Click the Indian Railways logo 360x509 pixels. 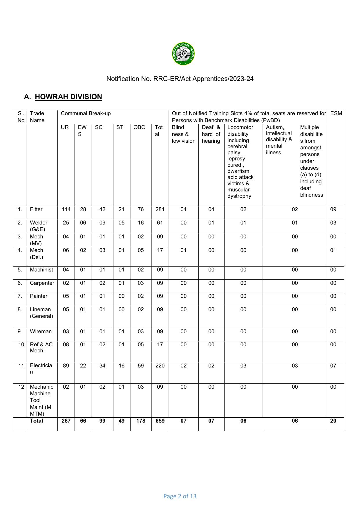point(183,54)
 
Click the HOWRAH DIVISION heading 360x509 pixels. point(68,97)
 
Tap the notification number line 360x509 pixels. point(180,79)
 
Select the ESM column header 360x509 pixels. point(336,113)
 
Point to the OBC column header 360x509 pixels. point(139,127)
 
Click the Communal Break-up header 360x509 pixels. point(86,113)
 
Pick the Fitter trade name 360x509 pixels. point(36,209)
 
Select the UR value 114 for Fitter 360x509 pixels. point(66,209)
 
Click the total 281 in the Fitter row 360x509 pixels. point(160,209)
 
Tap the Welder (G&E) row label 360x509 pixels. point(38,226)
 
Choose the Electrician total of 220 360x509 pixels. point(160,366)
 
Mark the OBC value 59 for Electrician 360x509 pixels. point(141,366)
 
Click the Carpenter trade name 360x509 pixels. point(42,283)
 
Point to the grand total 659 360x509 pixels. point(160,421)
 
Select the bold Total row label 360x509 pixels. point(36,421)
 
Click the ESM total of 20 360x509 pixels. point(333,421)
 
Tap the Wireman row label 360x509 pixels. point(41,332)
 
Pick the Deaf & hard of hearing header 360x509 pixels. point(211,134)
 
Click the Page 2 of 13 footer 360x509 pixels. point(180,496)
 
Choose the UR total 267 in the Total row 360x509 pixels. point(66,421)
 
